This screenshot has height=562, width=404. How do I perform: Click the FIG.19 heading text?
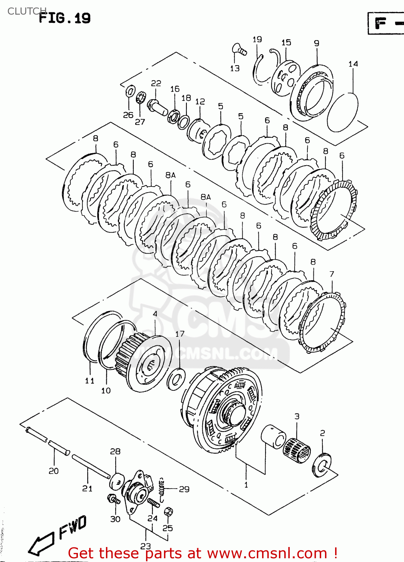coord(65,18)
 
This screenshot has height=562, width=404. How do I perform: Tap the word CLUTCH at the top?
coord(26,11)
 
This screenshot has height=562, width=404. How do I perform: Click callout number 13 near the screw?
coord(235,68)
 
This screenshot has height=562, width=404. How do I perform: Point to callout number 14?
coord(353,64)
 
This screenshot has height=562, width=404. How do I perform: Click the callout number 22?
coord(156,83)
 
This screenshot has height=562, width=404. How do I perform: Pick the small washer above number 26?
coord(130,91)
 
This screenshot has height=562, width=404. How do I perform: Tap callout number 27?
coord(140,122)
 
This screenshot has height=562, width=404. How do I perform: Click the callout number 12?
coord(200,102)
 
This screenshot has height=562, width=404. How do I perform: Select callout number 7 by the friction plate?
coord(332,274)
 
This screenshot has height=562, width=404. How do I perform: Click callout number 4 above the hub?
coord(155,314)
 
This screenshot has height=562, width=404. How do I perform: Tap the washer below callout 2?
coord(322,465)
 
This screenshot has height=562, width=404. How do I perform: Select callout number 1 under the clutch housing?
coord(246,485)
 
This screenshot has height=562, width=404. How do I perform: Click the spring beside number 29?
coord(162,490)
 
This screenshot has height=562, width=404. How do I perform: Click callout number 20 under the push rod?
coord(54,471)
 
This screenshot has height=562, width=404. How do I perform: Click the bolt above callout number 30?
coord(113,499)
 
